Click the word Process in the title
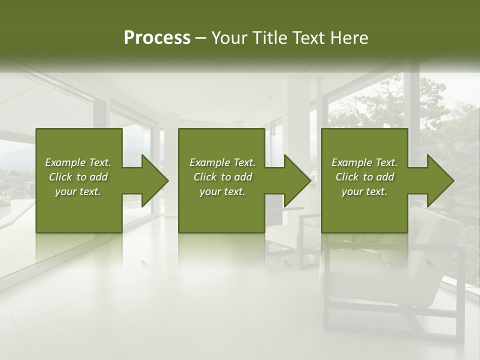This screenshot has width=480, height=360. pyautogui.click(x=157, y=38)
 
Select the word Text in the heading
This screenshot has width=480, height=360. pyautogui.click(x=308, y=38)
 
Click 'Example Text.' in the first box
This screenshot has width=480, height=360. pyautogui.click(x=78, y=162)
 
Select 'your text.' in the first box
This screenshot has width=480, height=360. pyautogui.click(x=78, y=191)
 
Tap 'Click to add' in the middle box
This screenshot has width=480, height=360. pyautogui.click(x=222, y=177)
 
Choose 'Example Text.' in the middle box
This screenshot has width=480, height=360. pyautogui.click(x=222, y=162)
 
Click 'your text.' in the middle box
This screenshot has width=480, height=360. pyautogui.click(x=222, y=191)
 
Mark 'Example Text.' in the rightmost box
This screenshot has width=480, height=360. pyautogui.click(x=364, y=162)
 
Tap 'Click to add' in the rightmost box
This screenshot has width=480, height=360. pyautogui.click(x=364, y=177)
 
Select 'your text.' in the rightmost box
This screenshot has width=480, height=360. pyautogui.click(x=364, y=191)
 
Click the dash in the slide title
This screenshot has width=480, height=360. pyautogui.click(x=200, y=38)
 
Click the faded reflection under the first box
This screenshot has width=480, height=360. pyautogui.click(x=79, y=250)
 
